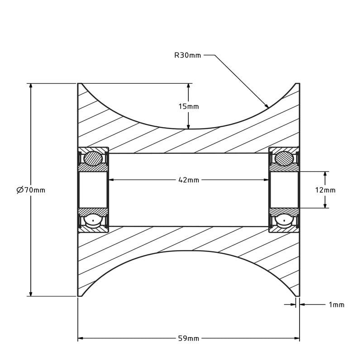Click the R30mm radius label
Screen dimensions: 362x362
pos(187,55)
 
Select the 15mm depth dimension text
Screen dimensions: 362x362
pos(188,106)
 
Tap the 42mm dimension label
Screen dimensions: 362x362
pos(189,180)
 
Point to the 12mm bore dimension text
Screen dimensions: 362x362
pos(325,190)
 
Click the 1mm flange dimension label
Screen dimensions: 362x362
pos(336,305)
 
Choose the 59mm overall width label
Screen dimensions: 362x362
pos(189,338)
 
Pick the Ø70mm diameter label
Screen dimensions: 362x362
pos(31,190)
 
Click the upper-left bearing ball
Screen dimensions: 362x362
pos(93,159)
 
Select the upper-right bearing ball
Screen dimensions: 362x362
pos(285,159)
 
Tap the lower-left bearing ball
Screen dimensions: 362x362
pos(93,221)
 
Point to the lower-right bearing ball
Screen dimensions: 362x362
pos(285,221)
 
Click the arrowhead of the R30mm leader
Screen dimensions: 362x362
pos(267,106)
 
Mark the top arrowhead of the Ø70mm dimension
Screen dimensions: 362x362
pos(31,86)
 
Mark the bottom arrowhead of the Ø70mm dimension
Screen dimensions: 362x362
pos(31,294)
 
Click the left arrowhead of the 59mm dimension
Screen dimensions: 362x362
pos(81,338)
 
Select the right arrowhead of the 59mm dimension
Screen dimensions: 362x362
pos(297,338)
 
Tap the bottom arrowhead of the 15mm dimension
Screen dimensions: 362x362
pos(188,126)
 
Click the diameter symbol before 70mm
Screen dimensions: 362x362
pos(20,190)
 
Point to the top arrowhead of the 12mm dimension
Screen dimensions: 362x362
pos(325,174)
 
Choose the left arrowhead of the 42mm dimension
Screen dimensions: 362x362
pos(111,180)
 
